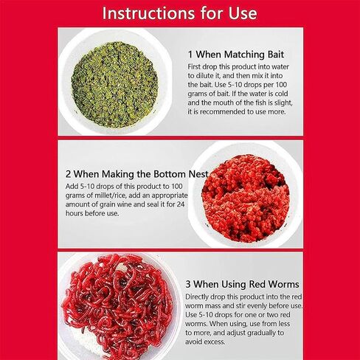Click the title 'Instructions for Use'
coord(179,13)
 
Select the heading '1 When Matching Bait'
coord(236,55)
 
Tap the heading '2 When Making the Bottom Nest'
coord(136,174)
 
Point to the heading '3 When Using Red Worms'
coord(242,284)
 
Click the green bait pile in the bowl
coord(114,85)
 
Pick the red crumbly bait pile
coord(245,198)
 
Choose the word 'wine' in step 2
coord(136,204)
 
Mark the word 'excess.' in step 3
coord(205,342)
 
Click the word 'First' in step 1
coord(194,67)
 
